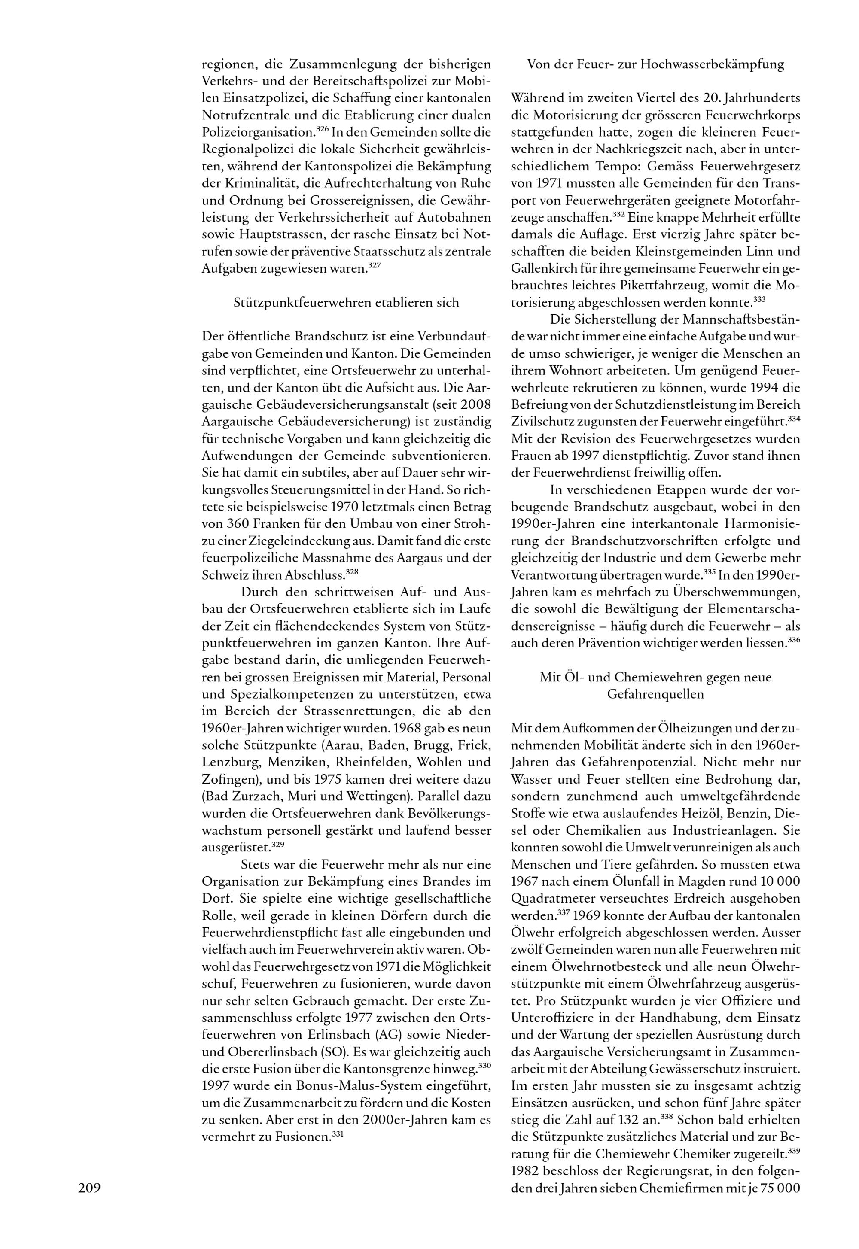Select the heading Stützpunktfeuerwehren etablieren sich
347,302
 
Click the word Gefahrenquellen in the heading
655,694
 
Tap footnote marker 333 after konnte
759,298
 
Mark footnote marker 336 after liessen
795,640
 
